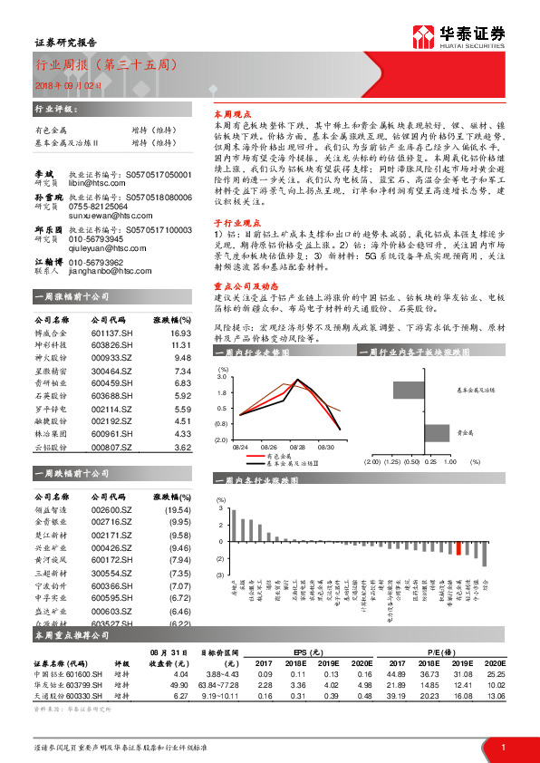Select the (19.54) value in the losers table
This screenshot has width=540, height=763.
tap(178, 509)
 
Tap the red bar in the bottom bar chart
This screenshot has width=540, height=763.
tap(458, 548)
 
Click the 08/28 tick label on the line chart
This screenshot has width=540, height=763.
tap(297, 447)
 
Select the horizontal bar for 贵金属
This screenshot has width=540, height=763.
tap(438, 432)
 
